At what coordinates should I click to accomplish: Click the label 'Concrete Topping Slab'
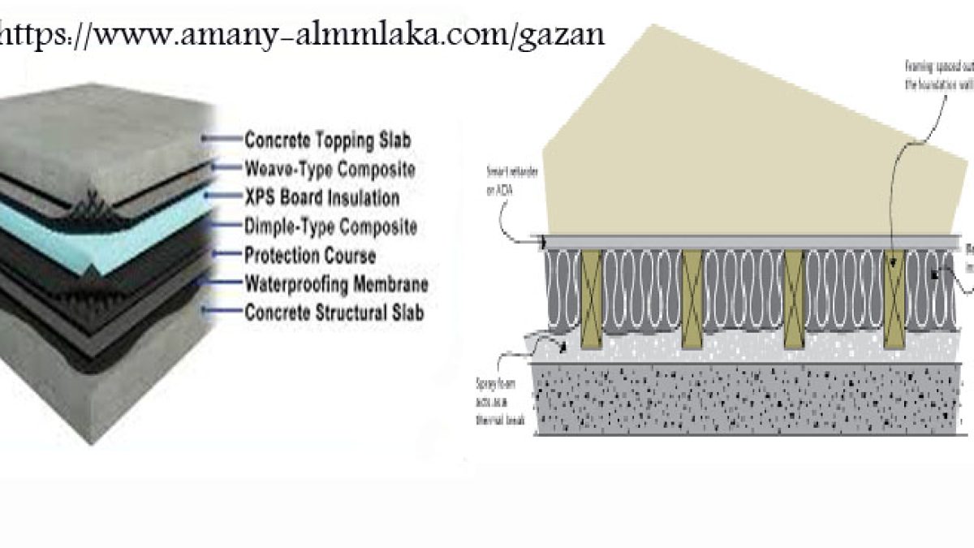tap(327, 140)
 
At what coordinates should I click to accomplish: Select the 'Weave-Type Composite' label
tap(330, 169)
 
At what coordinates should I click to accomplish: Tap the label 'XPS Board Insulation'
tap(321, 197)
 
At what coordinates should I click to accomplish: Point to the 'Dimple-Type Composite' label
tap(330, 226)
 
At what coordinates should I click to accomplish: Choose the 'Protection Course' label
tap(309, 255)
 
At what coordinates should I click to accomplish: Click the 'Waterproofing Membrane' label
tap(336, 284)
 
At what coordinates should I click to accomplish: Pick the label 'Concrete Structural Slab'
tap(334, 312)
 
